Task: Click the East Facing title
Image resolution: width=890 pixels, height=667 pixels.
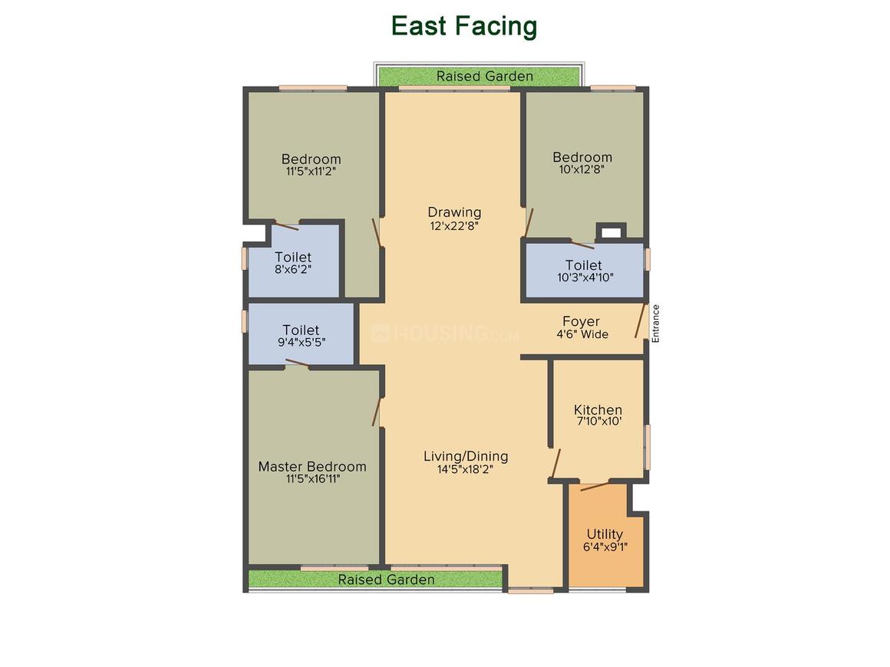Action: pos(463,27)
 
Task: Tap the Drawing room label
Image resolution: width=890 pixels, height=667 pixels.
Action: pos(454,212)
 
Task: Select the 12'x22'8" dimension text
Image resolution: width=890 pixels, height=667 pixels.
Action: pos(454,225)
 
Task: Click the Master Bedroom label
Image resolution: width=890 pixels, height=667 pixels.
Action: pos(312,466)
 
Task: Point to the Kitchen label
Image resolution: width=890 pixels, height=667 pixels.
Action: pos(598,409)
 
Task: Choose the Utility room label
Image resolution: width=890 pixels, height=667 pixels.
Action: pos(605,534)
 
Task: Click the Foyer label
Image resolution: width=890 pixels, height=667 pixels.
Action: pos(582,321)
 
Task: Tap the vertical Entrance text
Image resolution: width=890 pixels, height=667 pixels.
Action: pos(655,324)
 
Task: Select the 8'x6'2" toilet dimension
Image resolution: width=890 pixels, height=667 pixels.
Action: pos(293,269)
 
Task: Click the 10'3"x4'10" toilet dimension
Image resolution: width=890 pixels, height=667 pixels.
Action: pos(585,278)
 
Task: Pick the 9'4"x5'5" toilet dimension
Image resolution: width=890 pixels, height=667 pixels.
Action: pos(302,343)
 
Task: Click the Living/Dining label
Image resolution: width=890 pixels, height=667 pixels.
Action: pos(466,456)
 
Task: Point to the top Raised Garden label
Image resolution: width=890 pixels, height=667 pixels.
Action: pos(485,76)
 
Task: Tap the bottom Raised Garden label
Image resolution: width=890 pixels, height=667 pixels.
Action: pos(386,580)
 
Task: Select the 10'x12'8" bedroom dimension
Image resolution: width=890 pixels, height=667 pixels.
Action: pos(582,169)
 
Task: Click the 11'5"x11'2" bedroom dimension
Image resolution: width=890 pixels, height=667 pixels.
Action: pos(311,171)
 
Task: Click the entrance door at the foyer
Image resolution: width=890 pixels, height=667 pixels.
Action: pos(641,321)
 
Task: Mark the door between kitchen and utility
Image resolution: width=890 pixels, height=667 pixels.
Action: pos(595,486)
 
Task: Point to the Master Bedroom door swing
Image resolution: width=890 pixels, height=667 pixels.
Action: pos(376,412)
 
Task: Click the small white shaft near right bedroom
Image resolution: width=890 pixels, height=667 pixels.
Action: pos(611,232)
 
